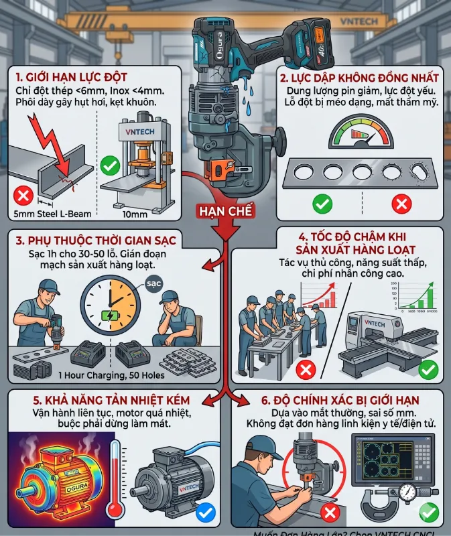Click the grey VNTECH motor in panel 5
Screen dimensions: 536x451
click(168, 479)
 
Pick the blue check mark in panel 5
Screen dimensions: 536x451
click(206, 513)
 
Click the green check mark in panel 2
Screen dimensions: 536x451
click(322, 202)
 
